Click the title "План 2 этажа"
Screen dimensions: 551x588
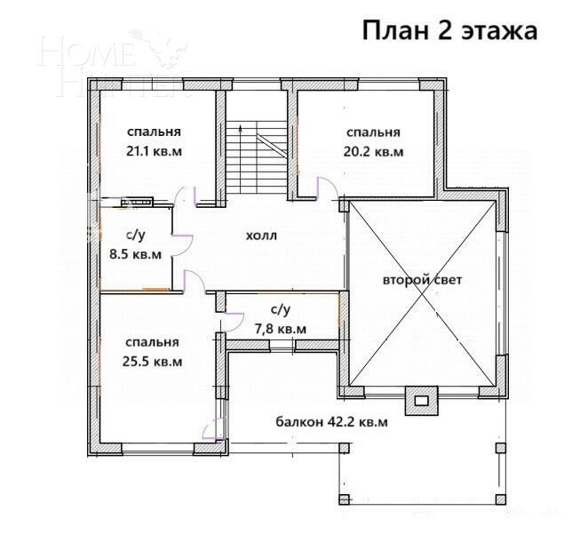[x=450, y=30]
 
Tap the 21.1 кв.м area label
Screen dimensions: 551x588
[x=155, y=151]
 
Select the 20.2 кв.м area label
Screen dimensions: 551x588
[x=373, y=152]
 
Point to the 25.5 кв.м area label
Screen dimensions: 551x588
[x=153, y=362]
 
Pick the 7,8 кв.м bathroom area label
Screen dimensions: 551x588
[x=280, y=329]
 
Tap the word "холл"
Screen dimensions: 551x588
[x=262, y=236]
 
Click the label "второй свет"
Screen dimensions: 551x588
[x=423, y=280]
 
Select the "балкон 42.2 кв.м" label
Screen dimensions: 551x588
[x=331, y=422]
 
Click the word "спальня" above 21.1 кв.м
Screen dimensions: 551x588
[x=155, y=131]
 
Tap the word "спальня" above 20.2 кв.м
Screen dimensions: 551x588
[x=373, y=132]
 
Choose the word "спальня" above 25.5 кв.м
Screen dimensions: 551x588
[x=152, y=342]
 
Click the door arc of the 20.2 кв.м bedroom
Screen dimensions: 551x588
[x=325, y=188]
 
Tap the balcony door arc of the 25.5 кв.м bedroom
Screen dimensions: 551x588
[x=212, y=430]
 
